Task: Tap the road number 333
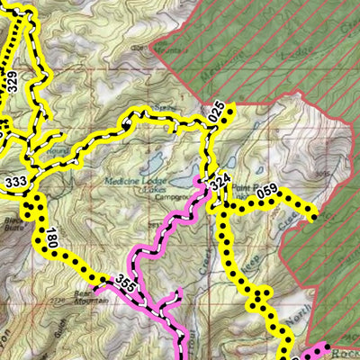point(15,182)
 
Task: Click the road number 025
point(215,113)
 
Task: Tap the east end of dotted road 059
point(313,216)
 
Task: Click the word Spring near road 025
point(162,106)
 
